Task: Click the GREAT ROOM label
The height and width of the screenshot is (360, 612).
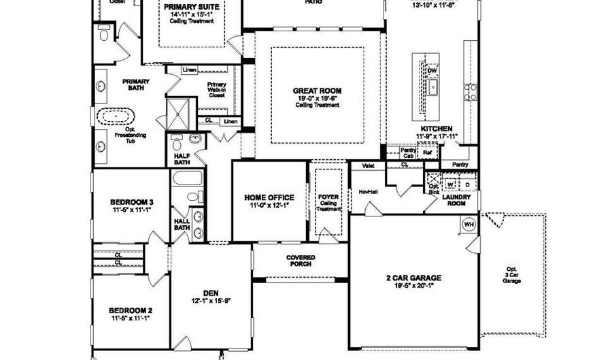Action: coord(317,91)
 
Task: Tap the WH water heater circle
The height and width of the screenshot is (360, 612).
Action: coord(469,224)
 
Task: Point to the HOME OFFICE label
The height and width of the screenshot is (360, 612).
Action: coord(271,197)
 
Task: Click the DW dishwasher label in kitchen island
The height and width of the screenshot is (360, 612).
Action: coord(432,71)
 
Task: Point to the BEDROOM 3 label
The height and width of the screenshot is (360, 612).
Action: coord(132,202)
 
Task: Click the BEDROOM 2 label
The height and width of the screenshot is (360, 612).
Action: coord(131,310)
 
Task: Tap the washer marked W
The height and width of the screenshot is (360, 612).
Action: coord(450,184)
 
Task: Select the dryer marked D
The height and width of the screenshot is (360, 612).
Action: coord(467,184)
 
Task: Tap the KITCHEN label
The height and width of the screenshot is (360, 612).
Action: coord(437,128)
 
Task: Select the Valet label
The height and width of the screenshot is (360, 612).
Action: coord(369,165)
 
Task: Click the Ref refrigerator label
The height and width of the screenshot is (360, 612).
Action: coord(427,154)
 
